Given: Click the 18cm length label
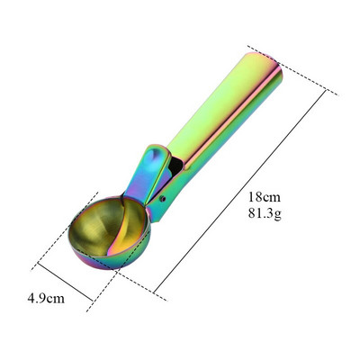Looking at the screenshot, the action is click(x=265, y=197).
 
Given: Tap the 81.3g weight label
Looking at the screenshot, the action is click(x=265, y=213).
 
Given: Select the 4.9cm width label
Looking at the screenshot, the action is click(x=46, y=299).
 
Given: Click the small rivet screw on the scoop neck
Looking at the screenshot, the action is click(x=162, y=198).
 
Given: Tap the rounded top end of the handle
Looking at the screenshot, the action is click(x=264, y=63).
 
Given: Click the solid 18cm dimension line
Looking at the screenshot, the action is click(x=239, y=191).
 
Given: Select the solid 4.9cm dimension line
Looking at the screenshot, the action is click(x=65, y=282).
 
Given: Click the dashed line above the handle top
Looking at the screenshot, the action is click(x=292, y=70).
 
